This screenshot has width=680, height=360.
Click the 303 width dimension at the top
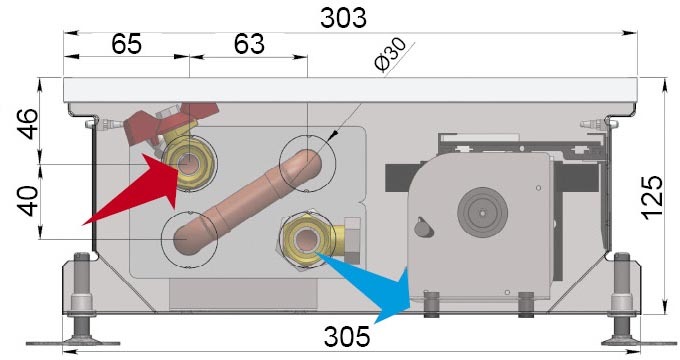pos(343,18)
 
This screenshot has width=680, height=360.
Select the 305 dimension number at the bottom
pos(347,336)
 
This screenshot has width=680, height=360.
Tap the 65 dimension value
pos(126,44)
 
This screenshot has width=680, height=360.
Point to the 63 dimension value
pos(249,44)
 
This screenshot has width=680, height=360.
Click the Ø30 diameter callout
pos(390,54)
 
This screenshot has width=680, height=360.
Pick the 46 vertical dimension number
pos(27,124)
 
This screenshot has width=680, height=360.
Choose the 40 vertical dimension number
pos(27,201)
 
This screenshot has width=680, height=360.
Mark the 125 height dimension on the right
pos(652,197)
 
